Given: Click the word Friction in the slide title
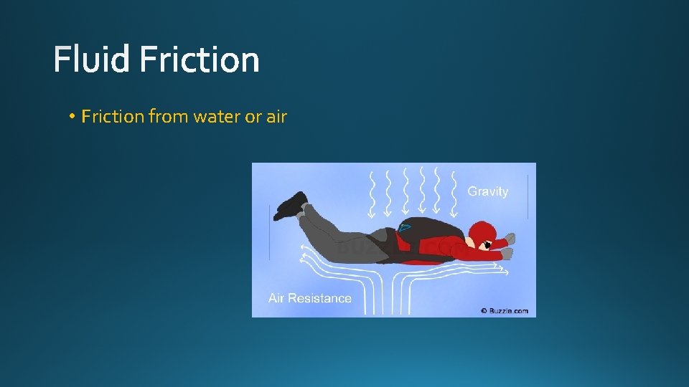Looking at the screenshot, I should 199,59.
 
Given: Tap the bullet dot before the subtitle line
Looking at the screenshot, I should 73,117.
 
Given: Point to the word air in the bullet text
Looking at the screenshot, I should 276,116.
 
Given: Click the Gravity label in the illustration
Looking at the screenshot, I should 488,191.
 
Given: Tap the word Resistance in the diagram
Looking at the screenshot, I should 322,298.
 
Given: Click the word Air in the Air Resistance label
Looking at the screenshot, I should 278,298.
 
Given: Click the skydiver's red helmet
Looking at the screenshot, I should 482,231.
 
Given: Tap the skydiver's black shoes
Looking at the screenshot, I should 291,204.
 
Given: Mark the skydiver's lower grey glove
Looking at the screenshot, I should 506,252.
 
